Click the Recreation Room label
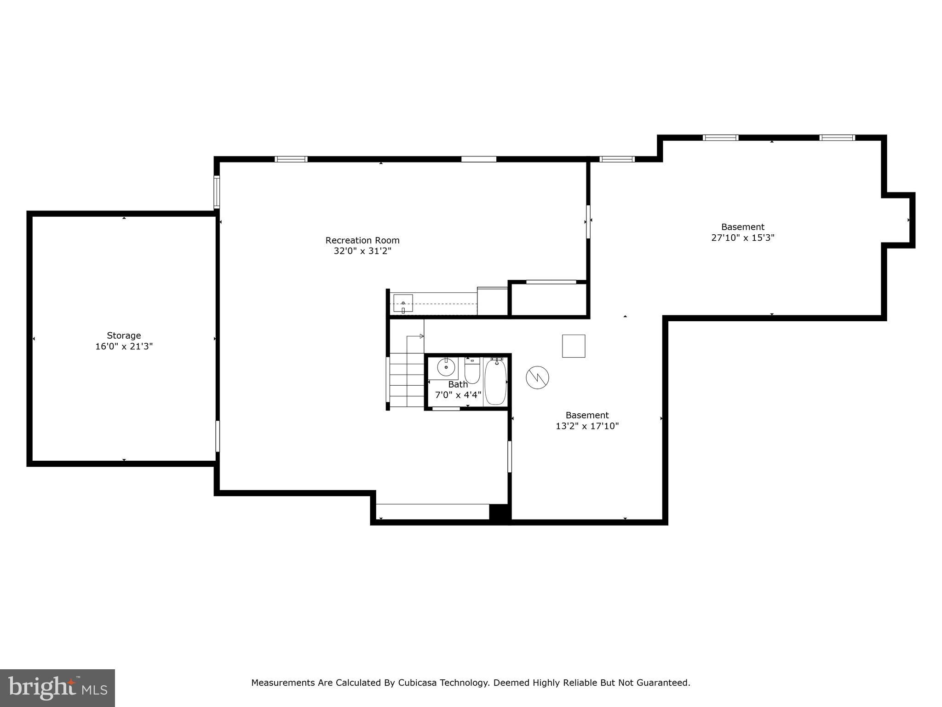click(362, 240)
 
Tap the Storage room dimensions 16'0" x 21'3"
click(124, 347)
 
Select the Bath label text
click(458, 384)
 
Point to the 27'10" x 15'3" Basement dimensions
click(743, 238)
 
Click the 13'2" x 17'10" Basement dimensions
click(587, 426)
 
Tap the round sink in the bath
click(446, 367)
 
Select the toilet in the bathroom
click(472, 371)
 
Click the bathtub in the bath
click(495, 382)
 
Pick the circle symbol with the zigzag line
click(537, 377)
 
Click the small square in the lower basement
click(574, 346)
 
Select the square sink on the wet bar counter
click(403, 304)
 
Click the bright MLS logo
click(57, 688)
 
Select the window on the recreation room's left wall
click(217, 192)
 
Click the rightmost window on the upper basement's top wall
click(837, 138)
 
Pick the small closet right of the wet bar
click(549, 299)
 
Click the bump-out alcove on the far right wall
click(898, 220)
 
